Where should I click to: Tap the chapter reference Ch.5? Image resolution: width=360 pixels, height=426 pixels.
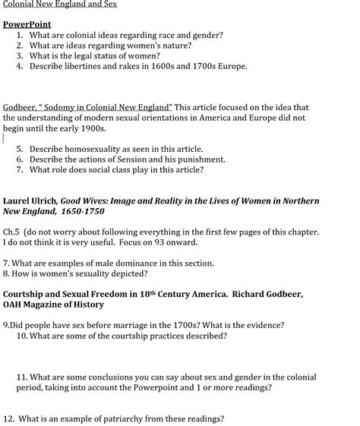tap(11, 232)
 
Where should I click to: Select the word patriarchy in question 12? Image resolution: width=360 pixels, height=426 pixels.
tap(116, 418)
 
